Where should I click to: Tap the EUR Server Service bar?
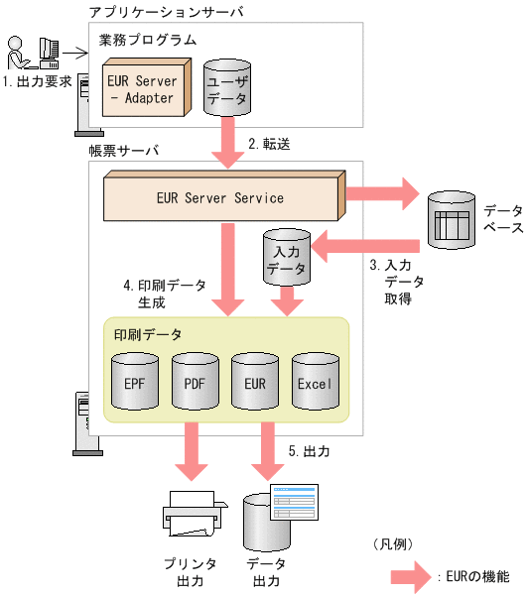pos(220,197)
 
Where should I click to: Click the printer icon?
pos(189,514)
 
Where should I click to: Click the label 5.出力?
pos(309,450)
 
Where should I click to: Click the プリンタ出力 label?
pos(184,572)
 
